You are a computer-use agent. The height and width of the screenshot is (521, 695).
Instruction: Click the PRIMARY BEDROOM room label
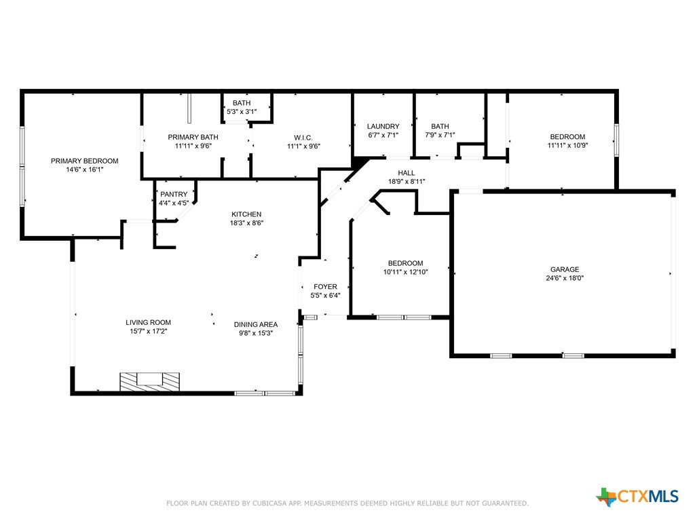[x=85, y=161]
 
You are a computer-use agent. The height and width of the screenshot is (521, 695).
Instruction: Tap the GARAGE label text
[x=565, y=269]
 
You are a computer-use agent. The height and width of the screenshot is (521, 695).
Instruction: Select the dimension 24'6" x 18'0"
[x=565, y=278]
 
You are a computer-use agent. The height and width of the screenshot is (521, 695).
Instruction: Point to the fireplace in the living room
[x=150, y=382]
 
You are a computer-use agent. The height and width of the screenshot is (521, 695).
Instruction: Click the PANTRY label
[x=174, y=194]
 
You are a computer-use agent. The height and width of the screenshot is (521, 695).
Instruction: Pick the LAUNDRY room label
[x=383, y=126]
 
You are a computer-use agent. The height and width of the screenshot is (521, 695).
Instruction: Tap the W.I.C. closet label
[x=303, y=137]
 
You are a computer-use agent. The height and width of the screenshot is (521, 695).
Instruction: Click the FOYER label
[x=325, y=287]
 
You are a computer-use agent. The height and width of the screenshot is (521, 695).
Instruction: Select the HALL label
[x=407, y=173]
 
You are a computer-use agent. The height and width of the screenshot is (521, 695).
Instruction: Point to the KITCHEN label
[x=246, y=214]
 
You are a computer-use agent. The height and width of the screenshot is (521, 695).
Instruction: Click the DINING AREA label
[x=256, y=325]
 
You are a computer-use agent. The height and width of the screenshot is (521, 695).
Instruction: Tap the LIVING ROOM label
[x=148, y=322]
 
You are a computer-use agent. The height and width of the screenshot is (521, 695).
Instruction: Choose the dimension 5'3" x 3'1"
[x=242, y=112]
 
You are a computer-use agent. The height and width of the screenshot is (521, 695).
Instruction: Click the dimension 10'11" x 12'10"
[x=406, y=272]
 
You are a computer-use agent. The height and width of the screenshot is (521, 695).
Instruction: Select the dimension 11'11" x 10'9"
[x=568, y=145]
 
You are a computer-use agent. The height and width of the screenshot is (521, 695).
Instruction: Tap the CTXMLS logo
[x=637, y=497]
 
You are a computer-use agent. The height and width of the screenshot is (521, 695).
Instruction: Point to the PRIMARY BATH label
[x=193, y=137]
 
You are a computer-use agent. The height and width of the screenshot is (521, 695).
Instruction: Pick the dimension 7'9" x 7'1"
[x=440, y=135]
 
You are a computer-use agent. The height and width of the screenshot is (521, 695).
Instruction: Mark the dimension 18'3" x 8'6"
[x=246, y=223]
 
